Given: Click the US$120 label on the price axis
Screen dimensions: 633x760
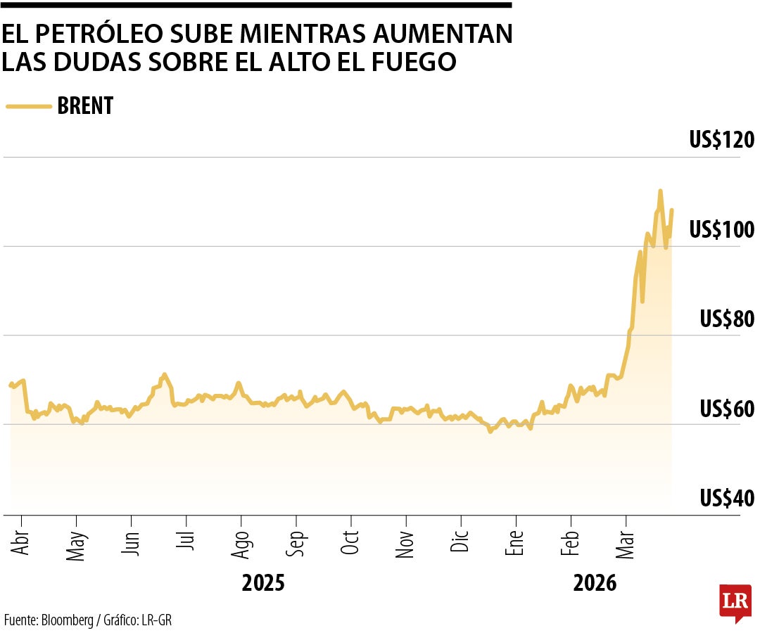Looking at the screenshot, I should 721,140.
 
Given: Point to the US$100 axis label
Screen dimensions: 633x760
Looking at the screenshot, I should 721,229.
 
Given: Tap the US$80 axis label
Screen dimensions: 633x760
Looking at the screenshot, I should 726,319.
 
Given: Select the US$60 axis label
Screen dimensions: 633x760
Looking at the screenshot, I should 726,408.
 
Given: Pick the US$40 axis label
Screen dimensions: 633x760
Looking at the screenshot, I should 726,498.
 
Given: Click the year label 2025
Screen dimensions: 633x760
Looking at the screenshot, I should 263,584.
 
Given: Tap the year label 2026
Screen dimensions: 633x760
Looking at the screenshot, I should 595,584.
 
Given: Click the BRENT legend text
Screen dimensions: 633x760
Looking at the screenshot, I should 85,106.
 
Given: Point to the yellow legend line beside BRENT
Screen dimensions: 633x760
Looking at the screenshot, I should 28,106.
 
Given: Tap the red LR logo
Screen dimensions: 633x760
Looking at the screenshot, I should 735,602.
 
